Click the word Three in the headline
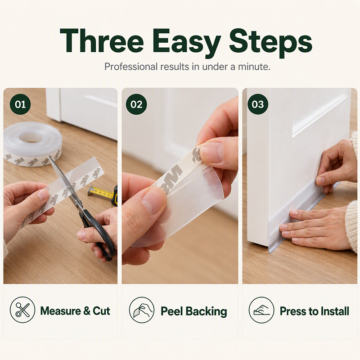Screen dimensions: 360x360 click(102, 41)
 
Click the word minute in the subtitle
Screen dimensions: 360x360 click(253, 67)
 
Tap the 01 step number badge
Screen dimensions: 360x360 click(20, 104)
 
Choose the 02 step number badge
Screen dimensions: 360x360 click(136, 104)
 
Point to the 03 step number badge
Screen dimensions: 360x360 click(257, 104)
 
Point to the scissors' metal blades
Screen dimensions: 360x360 click(65, 181)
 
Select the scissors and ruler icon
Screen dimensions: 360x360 click(22, 310)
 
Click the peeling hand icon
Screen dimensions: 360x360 click(142, 310)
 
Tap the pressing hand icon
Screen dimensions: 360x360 click(261, 310)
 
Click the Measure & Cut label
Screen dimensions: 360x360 click(75, 311)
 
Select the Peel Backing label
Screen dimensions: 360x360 click(194, 311)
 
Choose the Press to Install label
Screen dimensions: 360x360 click(314, 311)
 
